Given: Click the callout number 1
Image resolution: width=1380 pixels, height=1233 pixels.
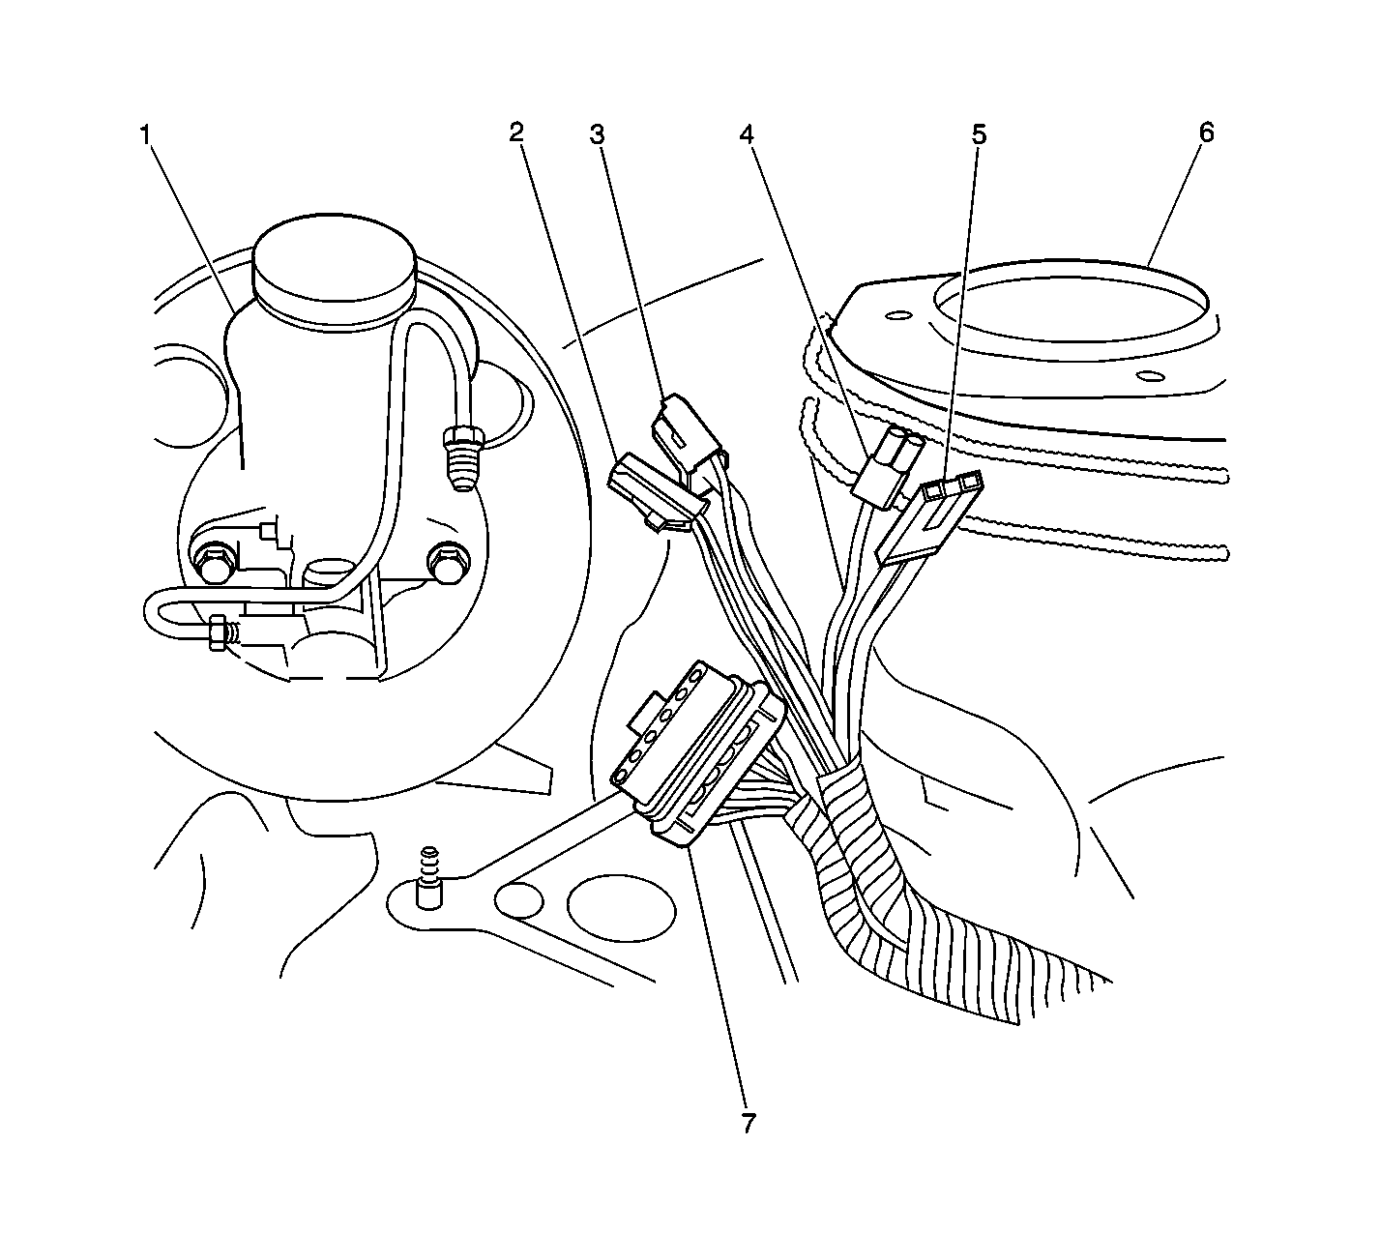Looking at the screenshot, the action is click(x=144, y=134).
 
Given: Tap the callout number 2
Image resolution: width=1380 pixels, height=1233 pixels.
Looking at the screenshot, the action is click(x=517, y=132).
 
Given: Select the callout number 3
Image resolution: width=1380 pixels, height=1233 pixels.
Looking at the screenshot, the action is click(x=598, y=134).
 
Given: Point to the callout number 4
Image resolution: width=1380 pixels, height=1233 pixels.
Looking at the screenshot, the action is click(x=748, y=134).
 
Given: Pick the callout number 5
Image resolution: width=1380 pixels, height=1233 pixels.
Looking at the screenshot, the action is click(x=979, y=134).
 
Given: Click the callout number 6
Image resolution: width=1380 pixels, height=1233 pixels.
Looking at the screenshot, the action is click(x=1206, y=132).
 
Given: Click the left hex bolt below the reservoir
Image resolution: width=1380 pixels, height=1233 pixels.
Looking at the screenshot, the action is click(x=213, y=564).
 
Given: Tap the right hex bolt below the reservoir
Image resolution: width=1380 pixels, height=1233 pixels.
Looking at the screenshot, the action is click(x=447, y=563).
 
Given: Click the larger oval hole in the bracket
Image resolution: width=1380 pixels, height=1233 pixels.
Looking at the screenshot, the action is click(x=621, y=909).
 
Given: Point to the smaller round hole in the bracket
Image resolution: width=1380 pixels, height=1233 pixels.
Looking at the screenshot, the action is click(x=519, y=900).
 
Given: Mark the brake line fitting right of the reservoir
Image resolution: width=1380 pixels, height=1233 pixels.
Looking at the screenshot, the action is click(x=464, y=455).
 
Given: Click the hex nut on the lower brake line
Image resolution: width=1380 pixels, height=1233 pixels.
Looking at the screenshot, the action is click(x=217, y=632).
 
